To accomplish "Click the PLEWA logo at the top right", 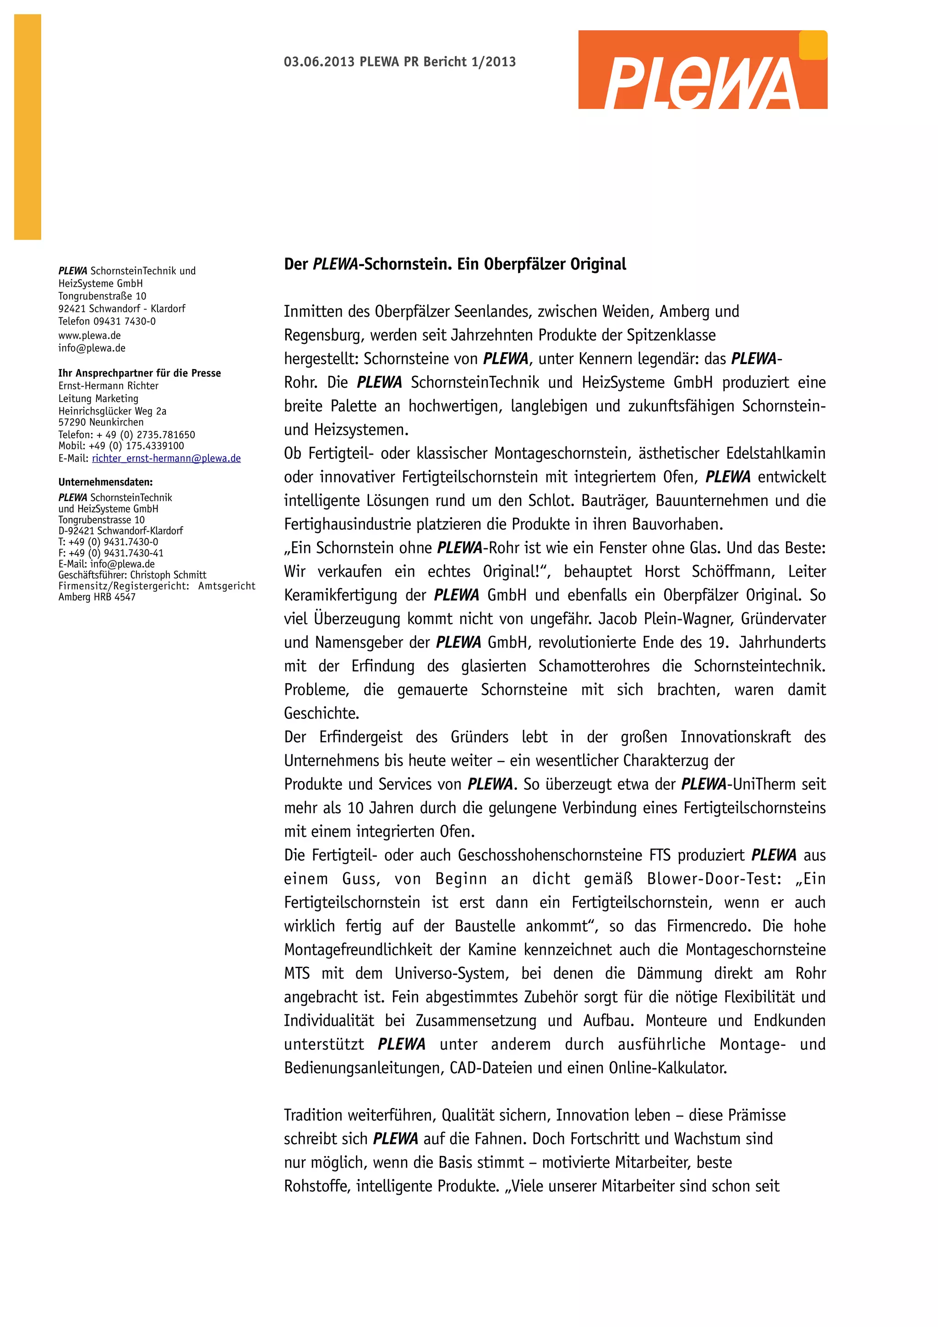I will coord(702,70).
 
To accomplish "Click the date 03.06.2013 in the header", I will coord(318,62).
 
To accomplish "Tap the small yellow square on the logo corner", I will coord(813,45).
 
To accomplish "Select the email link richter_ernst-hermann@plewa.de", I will coord(166,458).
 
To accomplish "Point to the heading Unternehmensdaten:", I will coord(105,482).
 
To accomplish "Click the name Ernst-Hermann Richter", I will coord(108,386).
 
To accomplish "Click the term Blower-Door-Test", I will coord(713,879).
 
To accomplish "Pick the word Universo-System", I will coord(451,974).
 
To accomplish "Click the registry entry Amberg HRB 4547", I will coord(97,597).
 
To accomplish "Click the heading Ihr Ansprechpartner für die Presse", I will coord(139,373).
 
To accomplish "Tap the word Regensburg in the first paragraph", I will coord(322,335).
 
